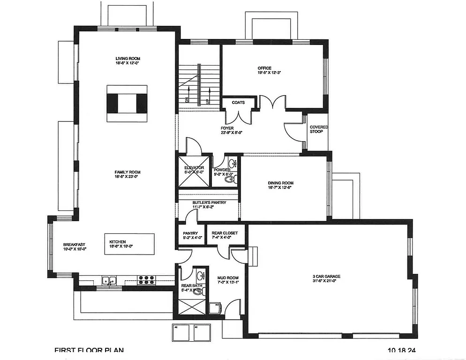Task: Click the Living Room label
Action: pyautogui.click(x=128, y=59)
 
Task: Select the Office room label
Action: pyautogui.click(x=264, y=68)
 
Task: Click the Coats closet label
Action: pyautogui.click(x=238, y=103)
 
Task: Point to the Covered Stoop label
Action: pyautogui.click(x=319, y=129)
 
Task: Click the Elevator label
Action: pyautogui.click(x=194, y=167)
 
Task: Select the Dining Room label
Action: pyautogui.click(x=280, y=183)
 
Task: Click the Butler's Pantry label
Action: pyautogui.click(x=209, y=202)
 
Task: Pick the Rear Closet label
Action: pyautogui.click(x=225, y=233)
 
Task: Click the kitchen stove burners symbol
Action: pyautogui.click(x=147, y=280)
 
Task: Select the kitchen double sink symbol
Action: pyautogui.click(x=109, y=280)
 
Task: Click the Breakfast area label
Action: pyautogui.click(x=74, y=245)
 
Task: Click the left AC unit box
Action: pyautogui.click(x=181, y=332)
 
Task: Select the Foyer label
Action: pyautogui.click(x=227, y=127)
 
